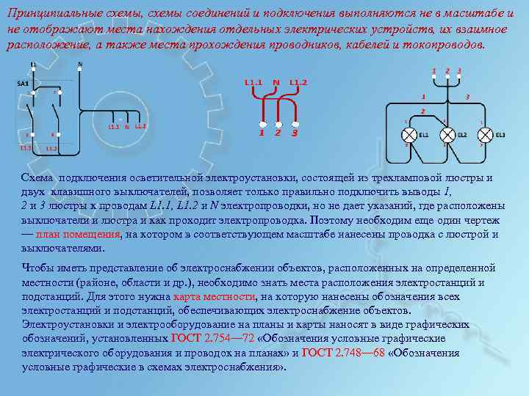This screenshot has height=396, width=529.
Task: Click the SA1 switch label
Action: (x=23, y=84)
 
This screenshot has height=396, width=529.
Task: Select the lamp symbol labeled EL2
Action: (x=447, y=135)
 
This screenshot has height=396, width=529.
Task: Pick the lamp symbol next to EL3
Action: (x=485, y=135)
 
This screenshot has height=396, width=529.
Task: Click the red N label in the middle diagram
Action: (x=276, y=81)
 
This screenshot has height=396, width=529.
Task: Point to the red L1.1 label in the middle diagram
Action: (x=253, y=81)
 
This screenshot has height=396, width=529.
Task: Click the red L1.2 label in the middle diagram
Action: (x=298, y=81)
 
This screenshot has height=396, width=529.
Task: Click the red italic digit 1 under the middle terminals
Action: (x=261, y=133)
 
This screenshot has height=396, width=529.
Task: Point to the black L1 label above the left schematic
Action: (x=33, y=65)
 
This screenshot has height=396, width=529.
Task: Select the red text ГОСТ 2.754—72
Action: (x=213, y=339)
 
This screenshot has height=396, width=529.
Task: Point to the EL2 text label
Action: (x=462, y=136)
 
